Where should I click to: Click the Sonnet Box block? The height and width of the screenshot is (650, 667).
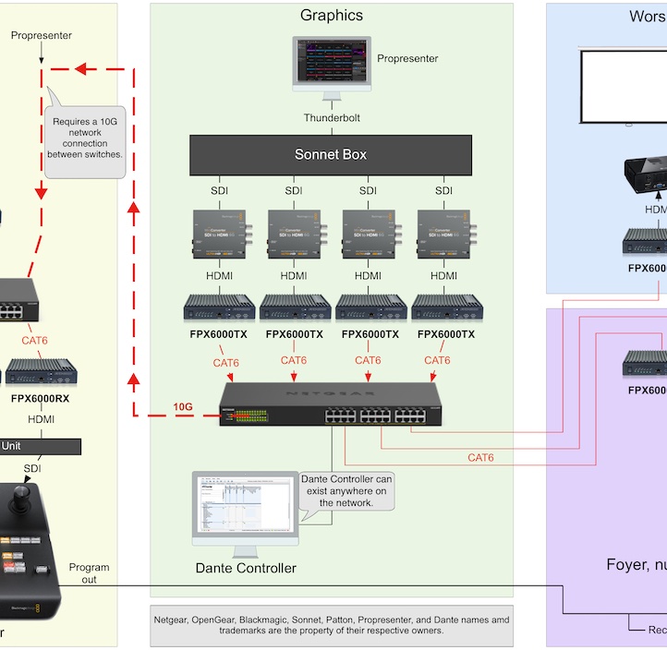pos(331,155)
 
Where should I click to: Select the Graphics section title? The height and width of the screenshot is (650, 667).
pos(332,15)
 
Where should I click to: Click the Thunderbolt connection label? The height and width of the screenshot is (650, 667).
pos(332,118)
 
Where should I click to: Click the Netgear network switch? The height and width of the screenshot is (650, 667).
pos(331,403)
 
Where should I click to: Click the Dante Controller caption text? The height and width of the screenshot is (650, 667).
pos(246,568)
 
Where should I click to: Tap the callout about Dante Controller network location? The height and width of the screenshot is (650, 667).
pos(346,490)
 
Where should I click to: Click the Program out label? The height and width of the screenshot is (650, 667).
pos(89,573)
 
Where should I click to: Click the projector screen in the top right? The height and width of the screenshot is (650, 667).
pos(624,86)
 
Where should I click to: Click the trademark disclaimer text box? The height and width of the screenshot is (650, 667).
pos(332,624)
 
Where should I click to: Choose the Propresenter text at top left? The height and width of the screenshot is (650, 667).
pos(41,35)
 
